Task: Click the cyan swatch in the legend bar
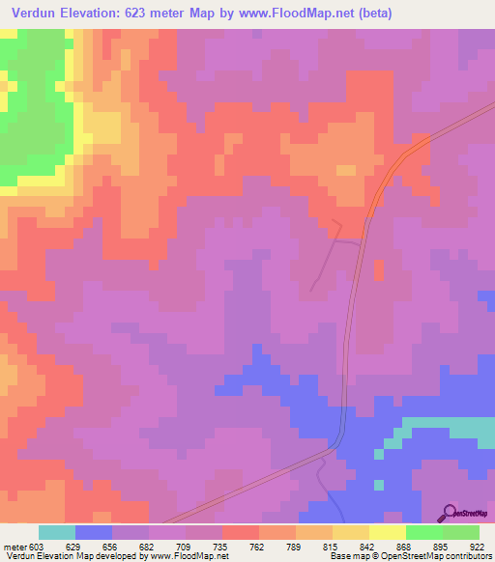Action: (57, 532)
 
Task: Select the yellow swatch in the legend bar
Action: (388, 532)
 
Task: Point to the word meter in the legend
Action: (15, 546)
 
